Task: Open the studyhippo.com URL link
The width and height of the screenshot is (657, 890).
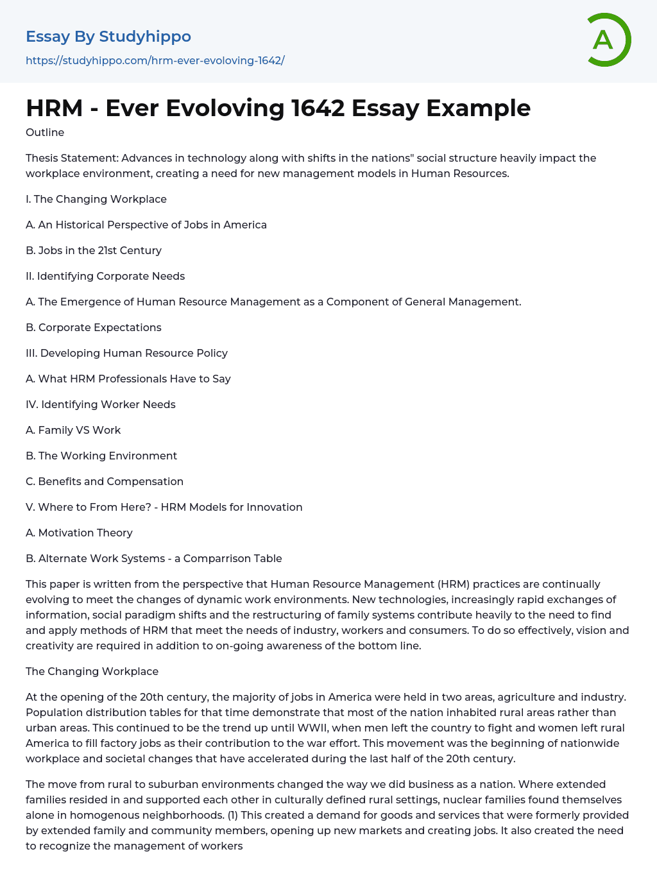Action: point(155,60)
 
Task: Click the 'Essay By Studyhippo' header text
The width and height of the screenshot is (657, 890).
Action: point(108,37)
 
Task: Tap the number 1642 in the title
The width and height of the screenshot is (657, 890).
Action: point(318,108)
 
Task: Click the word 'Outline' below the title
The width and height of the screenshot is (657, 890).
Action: point(45,132)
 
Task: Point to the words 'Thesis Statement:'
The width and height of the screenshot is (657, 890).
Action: point(72,158)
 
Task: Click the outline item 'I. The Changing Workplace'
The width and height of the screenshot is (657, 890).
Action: point(96,199)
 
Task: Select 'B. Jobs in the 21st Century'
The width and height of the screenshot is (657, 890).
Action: point(94,250)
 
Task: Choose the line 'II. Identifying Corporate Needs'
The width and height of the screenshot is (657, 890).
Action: point(105,276)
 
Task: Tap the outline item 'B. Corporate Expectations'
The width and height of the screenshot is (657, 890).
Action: point(94,327)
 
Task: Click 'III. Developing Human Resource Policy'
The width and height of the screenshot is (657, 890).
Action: point(126,353)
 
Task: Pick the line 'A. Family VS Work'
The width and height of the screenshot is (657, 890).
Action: point(73,430)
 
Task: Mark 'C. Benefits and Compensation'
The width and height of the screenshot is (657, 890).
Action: point(105,481)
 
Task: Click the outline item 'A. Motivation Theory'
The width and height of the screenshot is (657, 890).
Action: point(79,533)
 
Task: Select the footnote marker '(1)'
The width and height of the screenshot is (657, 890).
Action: point(235,815)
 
